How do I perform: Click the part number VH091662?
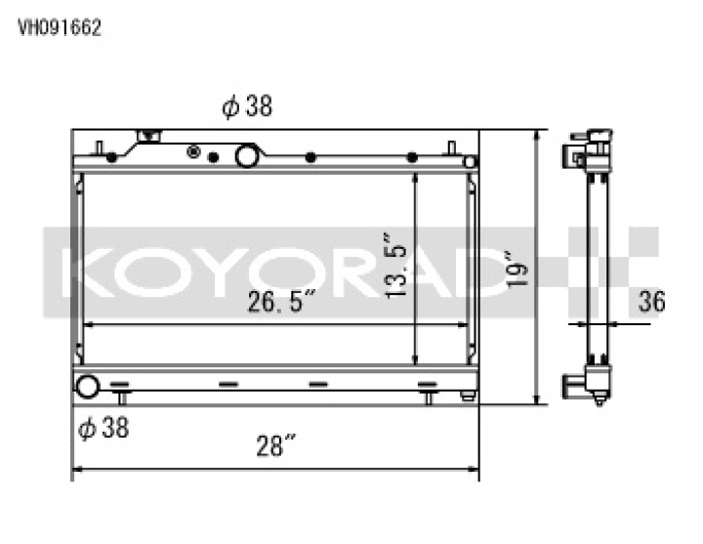60,28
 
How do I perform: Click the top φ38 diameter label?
246,108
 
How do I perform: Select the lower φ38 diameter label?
103,428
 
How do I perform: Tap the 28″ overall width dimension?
276,448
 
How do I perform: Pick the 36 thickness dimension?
650,302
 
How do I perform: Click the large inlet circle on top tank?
247,154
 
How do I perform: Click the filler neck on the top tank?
149,138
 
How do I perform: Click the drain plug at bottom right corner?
468,397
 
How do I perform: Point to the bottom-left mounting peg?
123,396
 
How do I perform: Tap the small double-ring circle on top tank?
193,153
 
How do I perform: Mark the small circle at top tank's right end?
470,162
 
